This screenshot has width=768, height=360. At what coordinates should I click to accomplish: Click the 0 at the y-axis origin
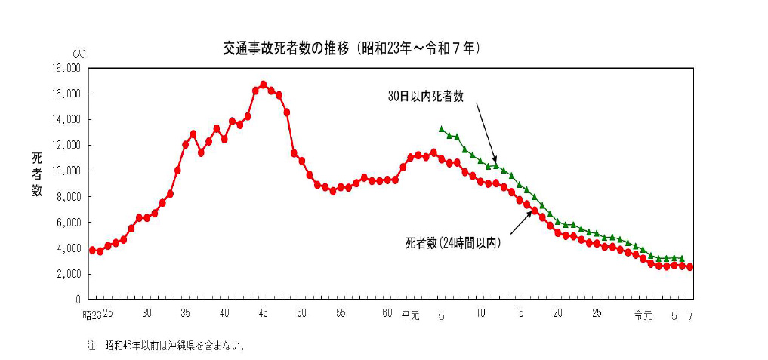pos(78,300)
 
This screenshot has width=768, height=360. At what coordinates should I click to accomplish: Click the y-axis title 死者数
pos(37,174)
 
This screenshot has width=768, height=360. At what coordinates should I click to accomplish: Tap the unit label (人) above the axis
pos(79,55)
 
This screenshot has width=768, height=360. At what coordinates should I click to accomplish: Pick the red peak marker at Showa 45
pos(263,85)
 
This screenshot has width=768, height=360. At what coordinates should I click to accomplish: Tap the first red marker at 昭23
pos(92,250)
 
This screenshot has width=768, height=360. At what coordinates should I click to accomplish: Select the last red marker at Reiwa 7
pos(690,267)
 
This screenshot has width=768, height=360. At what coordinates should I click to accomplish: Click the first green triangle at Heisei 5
pos(442,129)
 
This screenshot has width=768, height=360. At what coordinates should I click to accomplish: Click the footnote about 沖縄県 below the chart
pos(167,346)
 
